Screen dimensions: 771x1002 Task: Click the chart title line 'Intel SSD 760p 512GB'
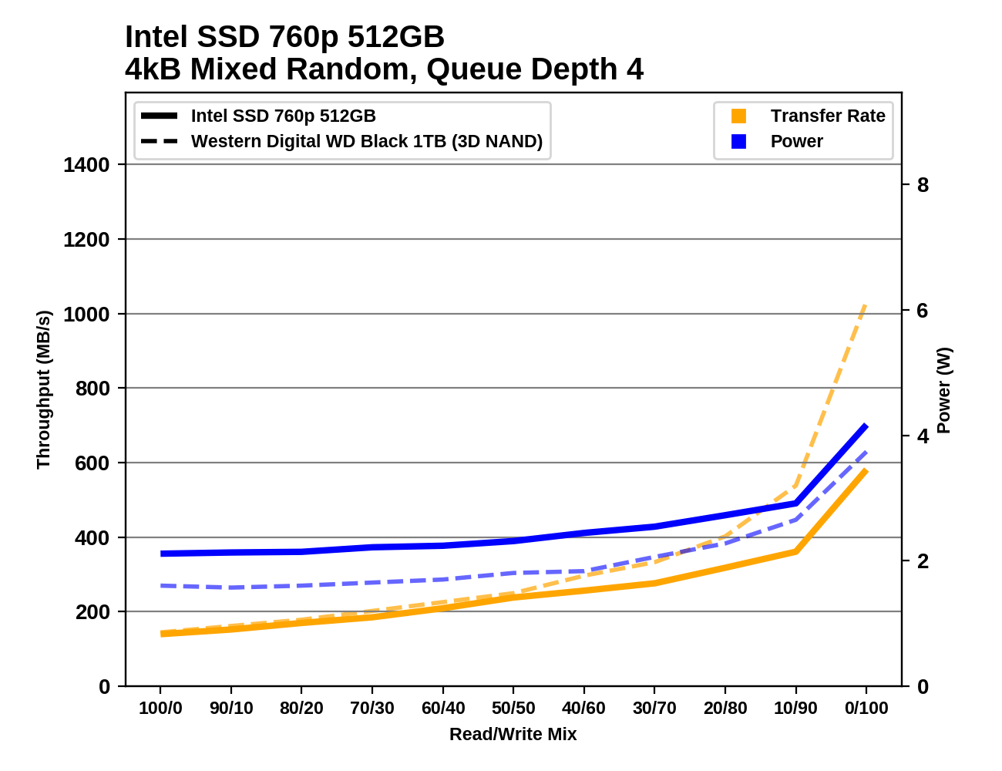click(284, 37)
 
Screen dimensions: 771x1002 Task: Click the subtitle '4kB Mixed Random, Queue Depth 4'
click(384, 69)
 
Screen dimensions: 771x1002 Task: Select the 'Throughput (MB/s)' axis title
click(43, 389)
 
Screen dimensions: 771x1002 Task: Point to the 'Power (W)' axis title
click(944, 390)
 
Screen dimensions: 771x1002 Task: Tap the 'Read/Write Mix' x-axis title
click(513, 734)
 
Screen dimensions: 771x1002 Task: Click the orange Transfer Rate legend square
click(738, 116)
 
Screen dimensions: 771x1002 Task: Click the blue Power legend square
click(738, 142)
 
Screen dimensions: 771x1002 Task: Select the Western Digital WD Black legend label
click(367, 142)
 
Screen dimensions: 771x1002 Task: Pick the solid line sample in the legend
click(160, 116)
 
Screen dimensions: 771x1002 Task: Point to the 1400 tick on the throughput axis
click(86, 165)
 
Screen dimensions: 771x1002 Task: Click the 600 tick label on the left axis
click(92, 463)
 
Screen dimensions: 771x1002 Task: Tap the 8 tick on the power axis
click(923, 185)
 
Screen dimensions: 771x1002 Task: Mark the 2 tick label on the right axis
click(923, 561)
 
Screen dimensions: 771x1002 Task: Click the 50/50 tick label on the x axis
click(513, 709)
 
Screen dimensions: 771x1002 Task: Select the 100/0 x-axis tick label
click(160, 709)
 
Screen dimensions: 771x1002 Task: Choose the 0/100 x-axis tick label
click(866, 709)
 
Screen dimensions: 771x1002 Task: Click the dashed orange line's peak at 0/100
click(866, 305)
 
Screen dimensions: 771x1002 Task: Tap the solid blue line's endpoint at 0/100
click(866, 426)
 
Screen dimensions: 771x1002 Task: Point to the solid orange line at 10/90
click(795, 551)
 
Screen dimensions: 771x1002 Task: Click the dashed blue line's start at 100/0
click(161, 586)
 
